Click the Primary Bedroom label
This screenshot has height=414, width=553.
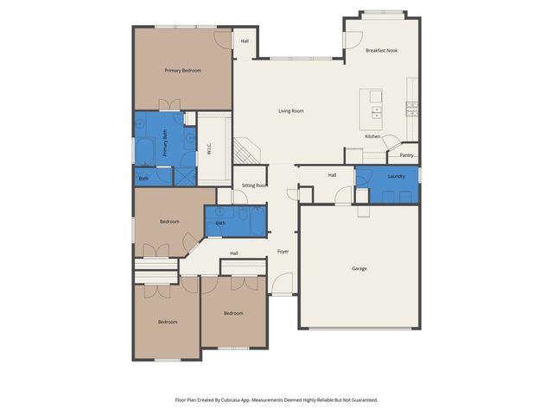click(182, 70)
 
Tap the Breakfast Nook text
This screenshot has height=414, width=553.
click(381, 51)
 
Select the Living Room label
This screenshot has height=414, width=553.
click(290, 110)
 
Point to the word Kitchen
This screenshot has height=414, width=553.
click(372, 136)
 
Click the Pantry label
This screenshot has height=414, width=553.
click(406, 155)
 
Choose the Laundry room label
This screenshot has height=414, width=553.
click(397, 176)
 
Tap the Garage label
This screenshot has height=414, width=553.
click(359, 268)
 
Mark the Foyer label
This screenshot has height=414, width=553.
click(283, 251)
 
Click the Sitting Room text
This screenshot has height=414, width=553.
click(254, 185)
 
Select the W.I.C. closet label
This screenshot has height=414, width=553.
click(208, 147)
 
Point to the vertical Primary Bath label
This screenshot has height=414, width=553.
click(164, 142)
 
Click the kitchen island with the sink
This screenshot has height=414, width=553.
click(376, 103)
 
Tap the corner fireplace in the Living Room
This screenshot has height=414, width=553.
click(247, 151)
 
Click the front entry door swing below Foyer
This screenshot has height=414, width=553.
click(283, 284)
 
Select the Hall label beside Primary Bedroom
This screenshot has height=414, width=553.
click(245, 41)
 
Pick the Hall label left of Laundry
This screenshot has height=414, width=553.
click(332, 175)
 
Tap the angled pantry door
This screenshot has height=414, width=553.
click(391, 143)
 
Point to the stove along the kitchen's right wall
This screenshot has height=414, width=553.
click(411, 108)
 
